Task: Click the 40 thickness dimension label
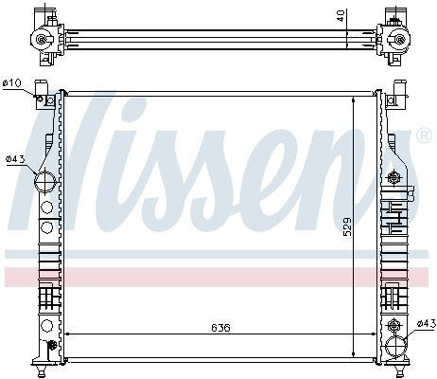pos(341,15)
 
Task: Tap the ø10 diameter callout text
pos(12,83)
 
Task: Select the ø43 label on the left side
pos(15,159)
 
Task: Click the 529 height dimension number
pos(347,226)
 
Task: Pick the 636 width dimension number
pos(220,328)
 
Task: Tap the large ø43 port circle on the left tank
pos(45,182)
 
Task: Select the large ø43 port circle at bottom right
pos(395,347)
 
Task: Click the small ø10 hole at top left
pos(40,99)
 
